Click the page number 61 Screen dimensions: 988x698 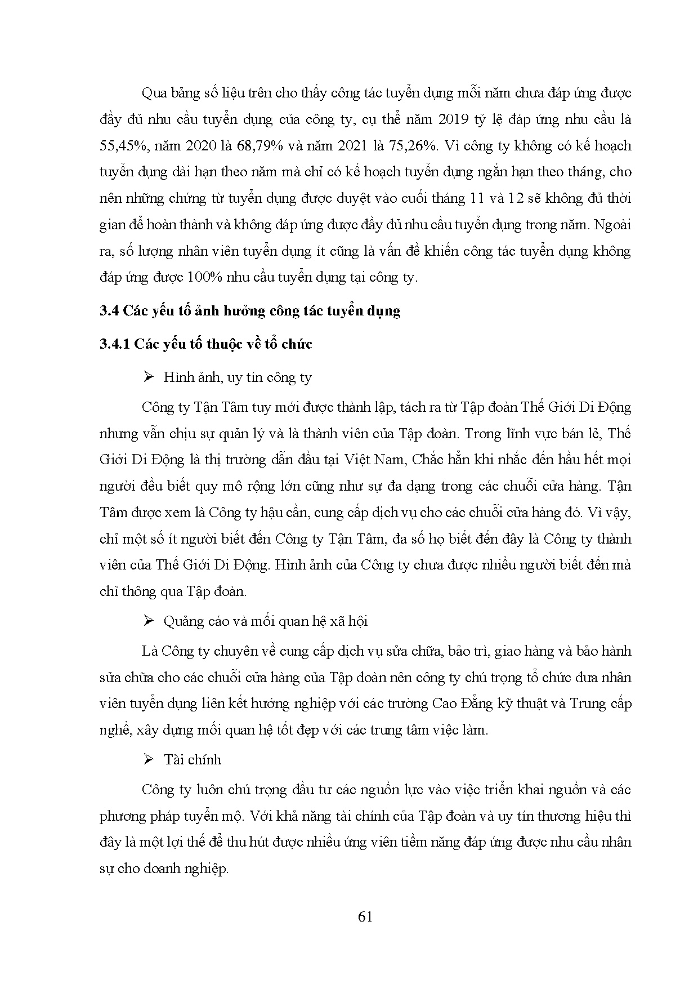pos(365,916)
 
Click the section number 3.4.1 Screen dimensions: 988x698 pos(114,344)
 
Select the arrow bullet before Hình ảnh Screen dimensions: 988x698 pos(149,377)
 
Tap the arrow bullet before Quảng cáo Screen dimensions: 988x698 pos(149,621)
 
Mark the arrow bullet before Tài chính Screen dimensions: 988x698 pos(149,759)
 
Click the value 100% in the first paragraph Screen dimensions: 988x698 pos(207,277)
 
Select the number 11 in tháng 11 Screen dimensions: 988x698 pos(474,198)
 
